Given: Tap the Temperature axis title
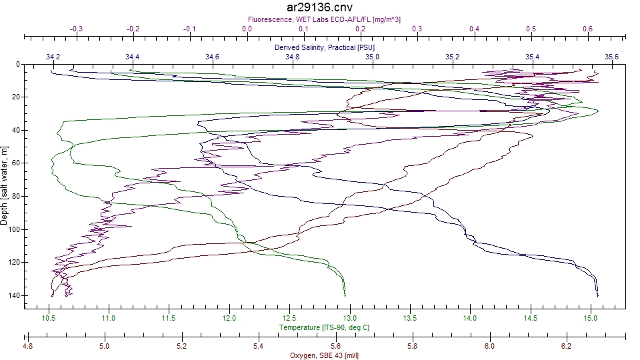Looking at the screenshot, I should click(x=324, y=327).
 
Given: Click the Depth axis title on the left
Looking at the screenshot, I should click(x=5, y=186).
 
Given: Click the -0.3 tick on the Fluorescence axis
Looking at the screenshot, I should click(x=77, y=29).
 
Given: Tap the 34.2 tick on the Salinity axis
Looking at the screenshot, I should click(x=53, y=57).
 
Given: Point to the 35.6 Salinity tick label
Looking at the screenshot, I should click(x=611, y=57).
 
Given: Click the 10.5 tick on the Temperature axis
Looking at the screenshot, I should click(x=49, y=317).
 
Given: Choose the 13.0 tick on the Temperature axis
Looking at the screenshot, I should click(x=349, y=317).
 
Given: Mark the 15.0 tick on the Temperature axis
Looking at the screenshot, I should click(x=591, y=317).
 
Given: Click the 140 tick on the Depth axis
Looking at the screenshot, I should click(x=15, y=295).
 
